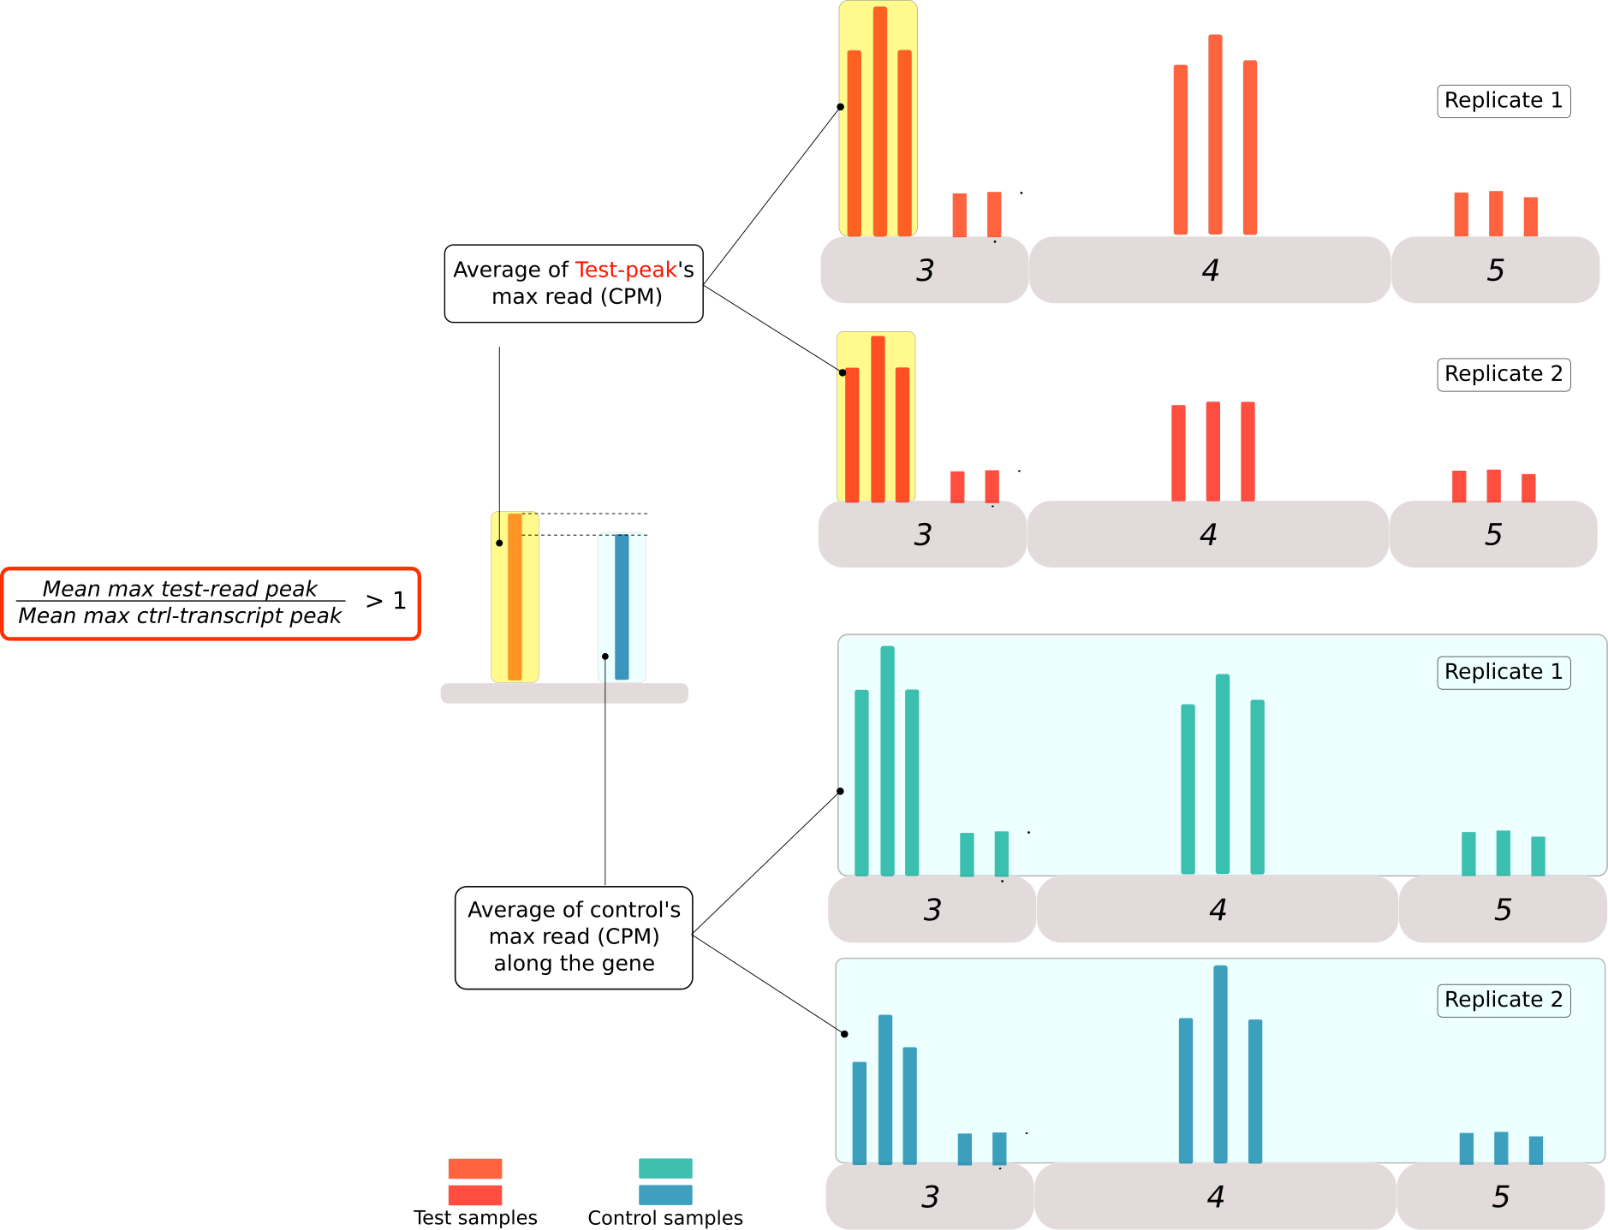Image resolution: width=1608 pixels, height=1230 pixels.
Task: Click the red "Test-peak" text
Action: (626, 270)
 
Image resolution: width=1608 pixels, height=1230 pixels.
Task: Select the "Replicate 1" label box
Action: (1504, 672)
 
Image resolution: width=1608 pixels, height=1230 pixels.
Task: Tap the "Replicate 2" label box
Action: (1504, 1000)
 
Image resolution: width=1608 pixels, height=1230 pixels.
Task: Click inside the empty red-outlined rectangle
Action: (211, 603)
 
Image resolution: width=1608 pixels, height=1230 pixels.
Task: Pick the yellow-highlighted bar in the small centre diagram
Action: (515, 597)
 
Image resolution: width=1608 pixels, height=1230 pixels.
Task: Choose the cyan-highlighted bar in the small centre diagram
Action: (622, 608)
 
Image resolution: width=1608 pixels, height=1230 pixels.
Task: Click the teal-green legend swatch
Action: (665, 1168)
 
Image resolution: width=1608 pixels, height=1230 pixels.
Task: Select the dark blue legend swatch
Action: (665, 1195)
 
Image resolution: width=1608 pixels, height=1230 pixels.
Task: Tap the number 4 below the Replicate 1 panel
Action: (1218, 909)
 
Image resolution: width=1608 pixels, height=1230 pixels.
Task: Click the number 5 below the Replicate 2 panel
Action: (1500, 1197)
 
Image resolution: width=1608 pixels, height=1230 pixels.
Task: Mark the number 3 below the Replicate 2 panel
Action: (930, 1197)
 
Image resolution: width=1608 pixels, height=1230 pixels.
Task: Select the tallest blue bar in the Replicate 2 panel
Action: (1221, 1063)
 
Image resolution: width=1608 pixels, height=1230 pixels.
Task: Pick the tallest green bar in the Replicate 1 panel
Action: (887, 760)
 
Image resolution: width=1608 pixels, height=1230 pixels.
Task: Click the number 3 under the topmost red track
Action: (925, 270)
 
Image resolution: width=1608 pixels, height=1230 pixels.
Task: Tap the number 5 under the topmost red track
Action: (1495, 270)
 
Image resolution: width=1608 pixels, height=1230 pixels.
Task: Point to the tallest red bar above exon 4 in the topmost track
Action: (1215, 134)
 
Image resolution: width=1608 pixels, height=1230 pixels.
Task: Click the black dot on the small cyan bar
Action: (605, 657)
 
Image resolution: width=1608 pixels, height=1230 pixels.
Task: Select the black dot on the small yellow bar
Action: (499, 543)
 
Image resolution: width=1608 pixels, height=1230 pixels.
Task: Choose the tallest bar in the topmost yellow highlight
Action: (879, 120)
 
